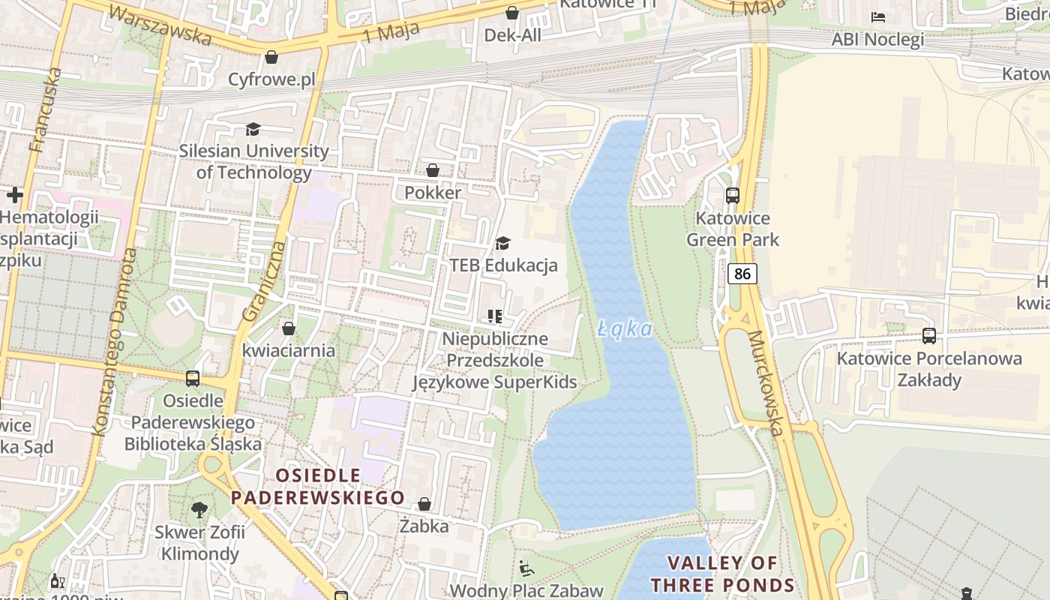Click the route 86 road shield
[x=742, y=274]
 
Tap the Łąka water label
[x=625, y=329]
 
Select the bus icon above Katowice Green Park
[x=733, y=196]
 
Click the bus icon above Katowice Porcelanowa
[x=929, y=336]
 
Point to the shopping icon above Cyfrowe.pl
[x=271, y=57]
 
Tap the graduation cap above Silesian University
[x=253, y=130]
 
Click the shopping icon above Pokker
[x=433, y=170]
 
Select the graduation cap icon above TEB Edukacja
[x=502, y=244]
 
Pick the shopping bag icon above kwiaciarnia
[x=289, y=328]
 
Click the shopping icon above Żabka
[x=424, y=504]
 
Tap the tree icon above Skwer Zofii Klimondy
[x=199, y=510]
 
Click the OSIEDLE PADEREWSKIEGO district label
[x=317, y=487]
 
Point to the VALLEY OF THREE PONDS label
[x=722, y=574]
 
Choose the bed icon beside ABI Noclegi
[x=878, y=17]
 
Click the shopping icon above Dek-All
[x=512, y=13]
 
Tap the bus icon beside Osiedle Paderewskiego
[x=193, y=379]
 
